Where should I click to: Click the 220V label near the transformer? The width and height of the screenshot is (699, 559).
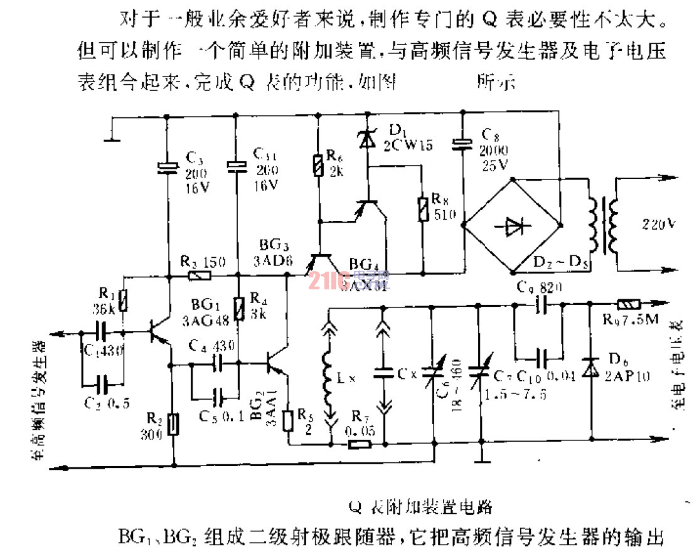pyautogui.click(x=658, y=223)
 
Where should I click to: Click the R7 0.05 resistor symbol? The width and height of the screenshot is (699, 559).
pyautogui.click(x=360, y=445)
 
